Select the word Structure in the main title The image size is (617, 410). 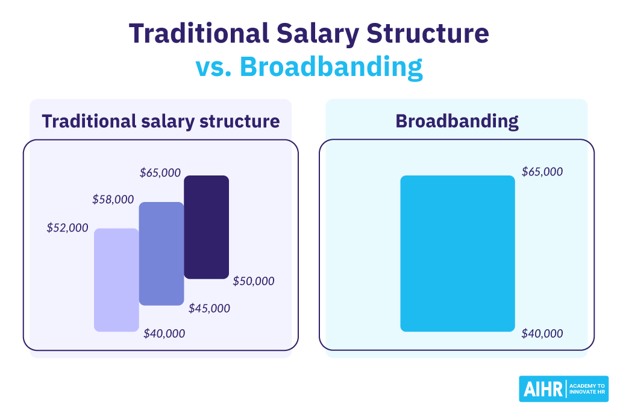pyautogui.click(x=427, y=34)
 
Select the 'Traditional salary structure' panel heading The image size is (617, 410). pyautogui.click(x=161, y=121)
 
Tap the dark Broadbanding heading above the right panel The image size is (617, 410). pyautogui.click(x=457, y=121)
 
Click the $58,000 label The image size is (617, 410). pyautogui.click(x=113, y=199)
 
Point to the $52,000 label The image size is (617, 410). pyautogui.click(x=67, y=228)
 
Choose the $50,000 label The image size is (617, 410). pyautogui.click(x=253, y=281)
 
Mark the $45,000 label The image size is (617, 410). pyautogui.click(x=209, y=308)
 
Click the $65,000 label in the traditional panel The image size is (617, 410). pyautogui.click(x=160, y=172)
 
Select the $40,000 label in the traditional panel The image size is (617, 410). pyautogui.click(x=164, y=333)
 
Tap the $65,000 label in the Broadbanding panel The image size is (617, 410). pyautogui.click(x=542, y=172)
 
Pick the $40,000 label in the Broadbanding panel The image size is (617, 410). pyautogui.click(x=542, y=333)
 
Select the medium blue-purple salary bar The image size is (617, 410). pyautogui.click(x=161, y=253)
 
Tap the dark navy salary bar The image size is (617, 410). pyautogui.click(x=206, y=227)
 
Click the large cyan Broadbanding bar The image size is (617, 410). pyautogui.click(x=457, y=253)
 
